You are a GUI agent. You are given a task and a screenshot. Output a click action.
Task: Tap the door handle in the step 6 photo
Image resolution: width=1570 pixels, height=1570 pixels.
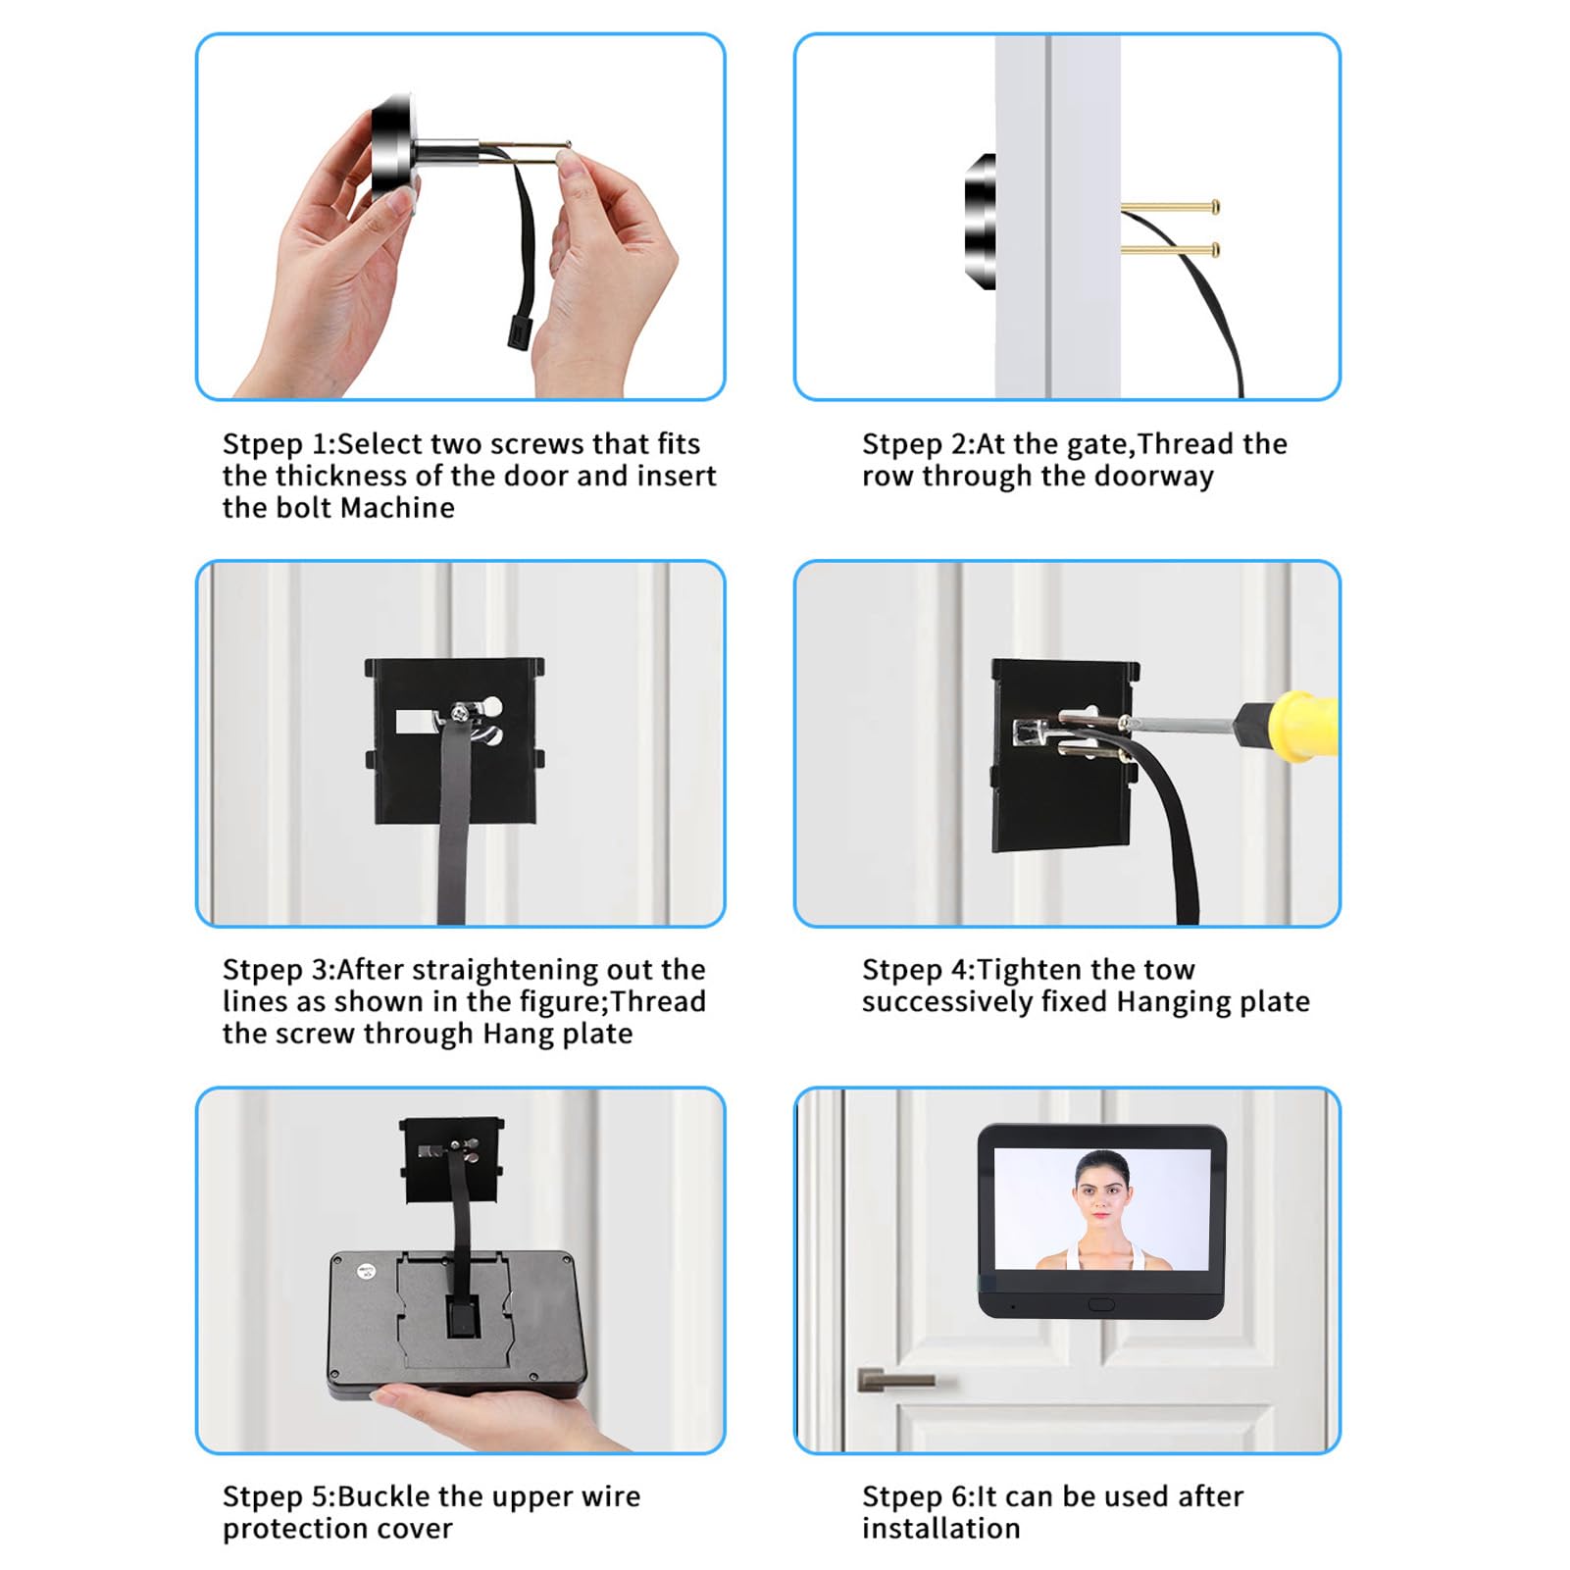click(895, 1380)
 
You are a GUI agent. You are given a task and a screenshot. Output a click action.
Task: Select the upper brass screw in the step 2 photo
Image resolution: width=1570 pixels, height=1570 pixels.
click(1171, 207)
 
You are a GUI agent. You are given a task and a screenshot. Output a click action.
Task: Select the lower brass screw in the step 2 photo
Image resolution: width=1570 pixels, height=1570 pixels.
click(1171, 250)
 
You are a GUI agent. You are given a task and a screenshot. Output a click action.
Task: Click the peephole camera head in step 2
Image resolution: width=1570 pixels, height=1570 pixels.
click(981, 222)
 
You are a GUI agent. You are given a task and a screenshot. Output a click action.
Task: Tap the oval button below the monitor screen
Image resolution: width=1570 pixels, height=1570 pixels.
click(1101, 1305)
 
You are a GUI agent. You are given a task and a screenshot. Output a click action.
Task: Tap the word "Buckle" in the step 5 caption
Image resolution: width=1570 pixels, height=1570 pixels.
click(383, 1496)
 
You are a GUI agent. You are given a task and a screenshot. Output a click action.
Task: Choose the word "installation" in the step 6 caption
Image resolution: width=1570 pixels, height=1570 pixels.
click(941, 1529)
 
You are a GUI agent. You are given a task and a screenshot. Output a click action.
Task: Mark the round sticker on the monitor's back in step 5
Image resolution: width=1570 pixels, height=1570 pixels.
click(368, 1271)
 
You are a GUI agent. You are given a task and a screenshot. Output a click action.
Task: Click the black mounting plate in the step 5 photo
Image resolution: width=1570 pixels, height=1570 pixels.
click(452, 1160)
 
